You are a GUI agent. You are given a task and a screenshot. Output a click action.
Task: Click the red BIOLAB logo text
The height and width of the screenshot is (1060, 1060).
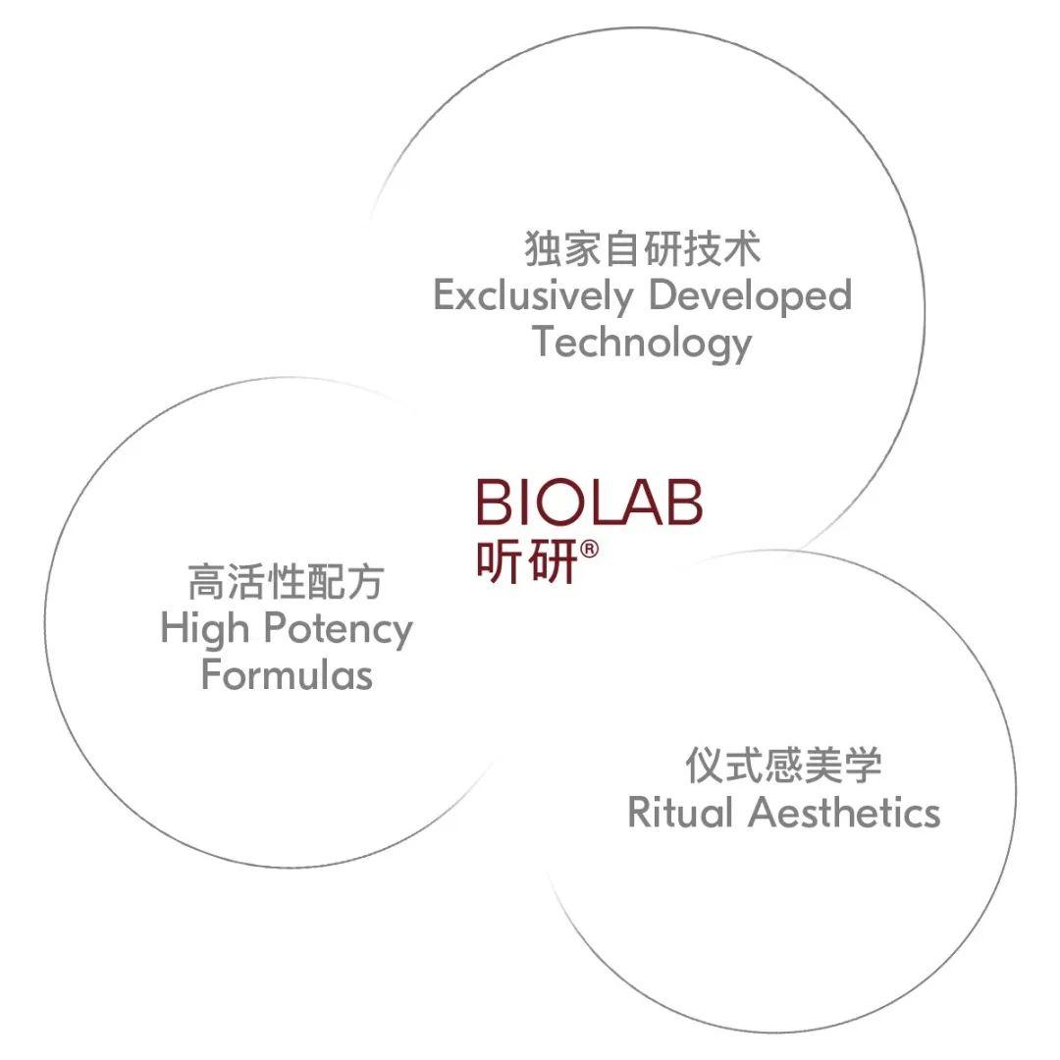590,503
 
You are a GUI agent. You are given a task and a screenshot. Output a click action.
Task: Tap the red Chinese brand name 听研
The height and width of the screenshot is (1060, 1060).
527,560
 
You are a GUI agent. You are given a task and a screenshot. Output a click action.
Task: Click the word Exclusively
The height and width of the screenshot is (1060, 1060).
534,296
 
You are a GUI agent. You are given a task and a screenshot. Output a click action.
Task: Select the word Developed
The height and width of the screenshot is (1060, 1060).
751,296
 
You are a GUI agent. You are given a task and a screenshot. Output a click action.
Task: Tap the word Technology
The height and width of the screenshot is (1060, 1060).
642,344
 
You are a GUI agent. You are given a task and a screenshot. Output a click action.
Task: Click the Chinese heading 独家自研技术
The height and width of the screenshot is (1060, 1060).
642,248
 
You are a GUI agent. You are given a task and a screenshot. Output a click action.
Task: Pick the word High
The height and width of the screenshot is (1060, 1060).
205,629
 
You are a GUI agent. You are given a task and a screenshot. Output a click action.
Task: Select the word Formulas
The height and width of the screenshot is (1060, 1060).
287,674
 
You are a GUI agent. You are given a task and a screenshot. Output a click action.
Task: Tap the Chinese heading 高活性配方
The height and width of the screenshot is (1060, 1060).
287,581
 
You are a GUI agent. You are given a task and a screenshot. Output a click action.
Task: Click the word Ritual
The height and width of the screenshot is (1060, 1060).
681,812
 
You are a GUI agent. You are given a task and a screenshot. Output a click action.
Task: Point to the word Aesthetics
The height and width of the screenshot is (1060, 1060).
844,812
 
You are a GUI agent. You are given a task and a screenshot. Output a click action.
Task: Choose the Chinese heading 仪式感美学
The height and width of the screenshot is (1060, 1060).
783,765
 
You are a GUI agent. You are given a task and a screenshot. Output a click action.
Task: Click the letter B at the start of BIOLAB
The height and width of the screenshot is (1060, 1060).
494,503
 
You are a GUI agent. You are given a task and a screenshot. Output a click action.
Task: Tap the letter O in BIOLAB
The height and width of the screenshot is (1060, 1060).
559,503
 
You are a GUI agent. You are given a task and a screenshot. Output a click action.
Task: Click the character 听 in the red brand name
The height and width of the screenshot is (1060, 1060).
501,560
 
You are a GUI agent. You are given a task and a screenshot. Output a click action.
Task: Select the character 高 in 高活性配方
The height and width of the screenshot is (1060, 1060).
207,581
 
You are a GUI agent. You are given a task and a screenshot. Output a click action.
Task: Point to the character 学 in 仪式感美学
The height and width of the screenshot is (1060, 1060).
864,765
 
